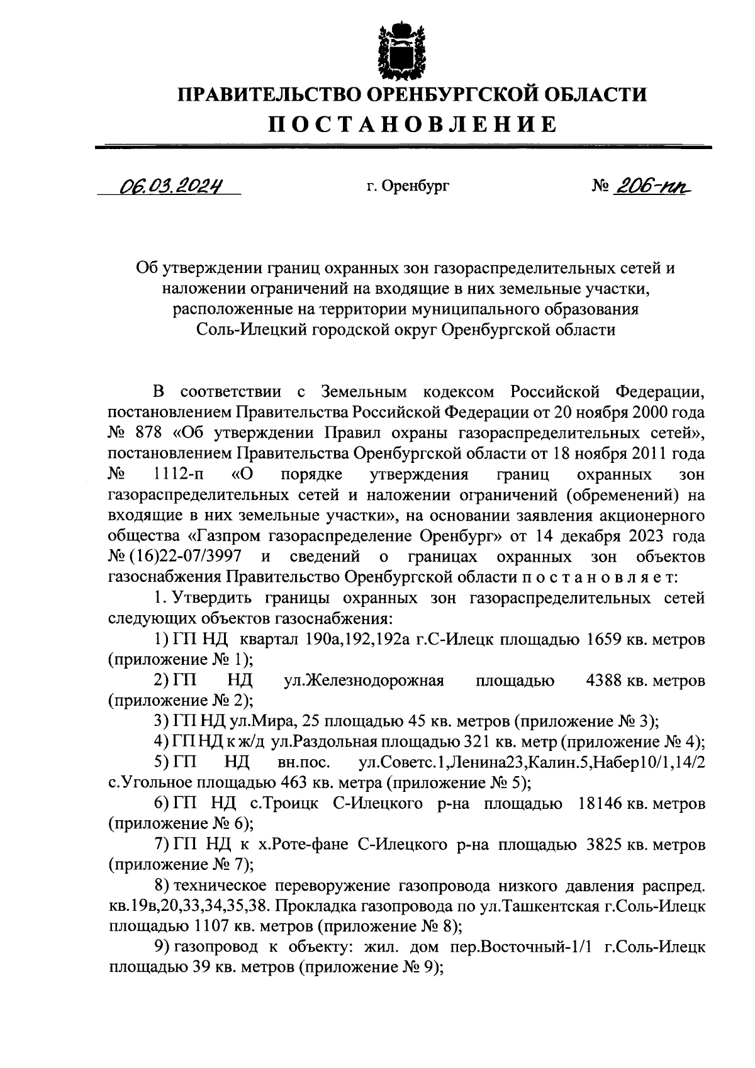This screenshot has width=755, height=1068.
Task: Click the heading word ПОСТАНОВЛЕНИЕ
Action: point(413,124)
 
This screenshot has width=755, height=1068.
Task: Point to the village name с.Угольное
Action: point(145,783)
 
